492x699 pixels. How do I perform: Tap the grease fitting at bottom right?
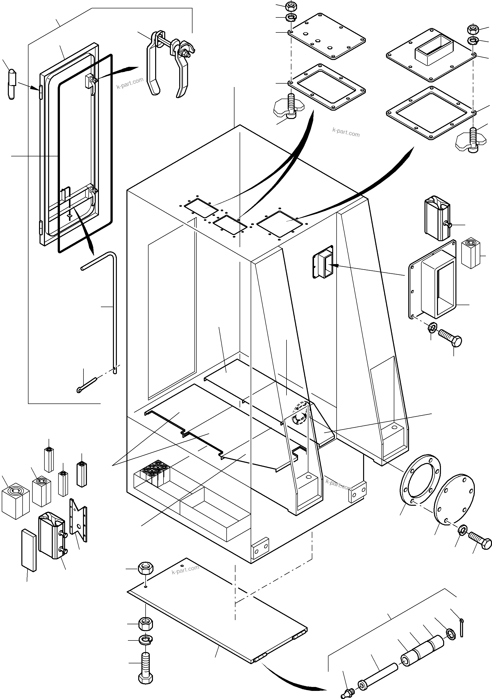pos(347,691)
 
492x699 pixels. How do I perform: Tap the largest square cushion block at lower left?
pos(15,501)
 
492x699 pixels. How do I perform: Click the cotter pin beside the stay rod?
pos(87,385)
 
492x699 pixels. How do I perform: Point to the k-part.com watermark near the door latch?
pos(130,83)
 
